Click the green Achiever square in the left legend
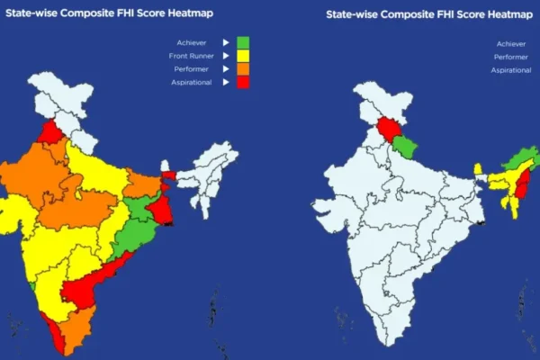(242, 42)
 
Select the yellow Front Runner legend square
(242, 56)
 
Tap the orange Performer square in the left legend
(242, 69)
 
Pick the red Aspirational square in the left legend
(242, 83)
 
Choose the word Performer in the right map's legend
(508, 57)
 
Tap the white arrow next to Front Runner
(224, 56)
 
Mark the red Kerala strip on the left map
(57, 337)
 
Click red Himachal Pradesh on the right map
(386, 131)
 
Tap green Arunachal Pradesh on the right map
(518, 162)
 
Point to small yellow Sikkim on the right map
(479, 168)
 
